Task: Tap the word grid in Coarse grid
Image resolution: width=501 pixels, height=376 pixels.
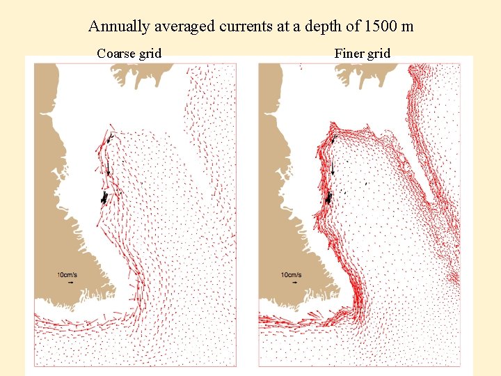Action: click(x=150, y=54)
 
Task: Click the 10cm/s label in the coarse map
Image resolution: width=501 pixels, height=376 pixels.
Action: click(x=68, y=275)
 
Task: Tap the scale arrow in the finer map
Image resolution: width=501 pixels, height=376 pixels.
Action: click(x=295, y=283)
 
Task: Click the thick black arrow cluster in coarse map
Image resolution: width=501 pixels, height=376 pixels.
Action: click(x=104, y=198)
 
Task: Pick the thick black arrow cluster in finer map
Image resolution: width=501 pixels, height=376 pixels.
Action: click(x=328, y=198)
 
